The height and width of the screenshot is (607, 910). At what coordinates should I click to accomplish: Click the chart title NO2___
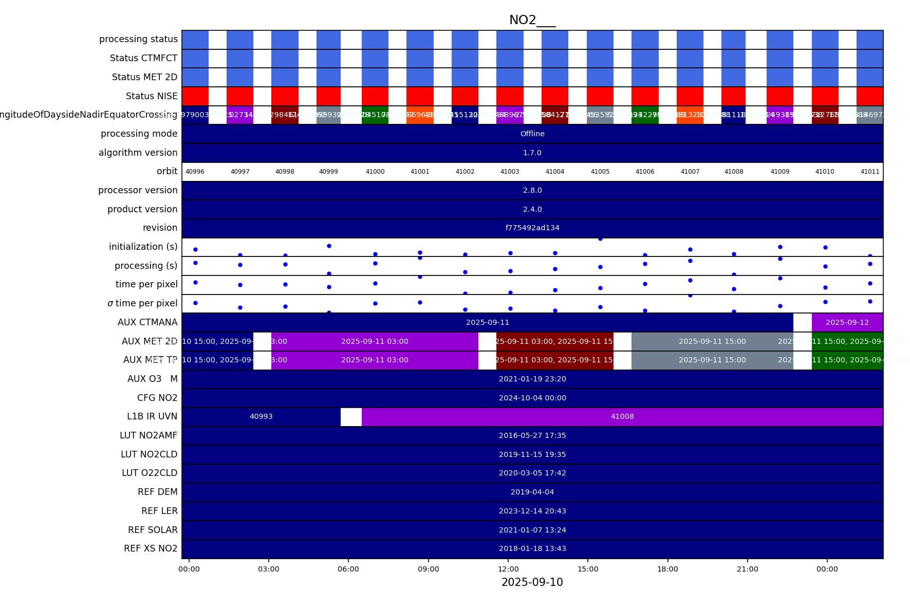(x=532, y=20)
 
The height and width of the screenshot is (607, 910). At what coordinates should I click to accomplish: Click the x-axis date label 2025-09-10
(x=532, y=582)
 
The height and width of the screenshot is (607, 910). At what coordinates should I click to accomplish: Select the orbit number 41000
(x=375, y=172)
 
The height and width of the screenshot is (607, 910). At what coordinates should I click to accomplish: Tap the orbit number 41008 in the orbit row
(x=734, y=172)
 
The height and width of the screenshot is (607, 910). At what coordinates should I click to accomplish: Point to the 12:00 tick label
(x=508, y=569)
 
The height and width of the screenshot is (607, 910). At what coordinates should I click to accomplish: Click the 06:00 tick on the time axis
(x=348, y=569)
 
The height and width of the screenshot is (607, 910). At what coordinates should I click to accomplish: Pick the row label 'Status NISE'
(x=152, y=96)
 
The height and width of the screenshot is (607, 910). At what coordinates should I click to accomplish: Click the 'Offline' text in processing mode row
(x=532, y=134)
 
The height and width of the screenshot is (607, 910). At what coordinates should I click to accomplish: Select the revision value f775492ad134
(x=532, y=228)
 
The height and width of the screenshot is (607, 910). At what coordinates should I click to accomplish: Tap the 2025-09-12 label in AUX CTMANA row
(x=847, y=322)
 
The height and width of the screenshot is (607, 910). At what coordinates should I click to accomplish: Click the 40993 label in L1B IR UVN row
(x=261, y=416)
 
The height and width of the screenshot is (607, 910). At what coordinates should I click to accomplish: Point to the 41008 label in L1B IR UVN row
(x=622, y=416)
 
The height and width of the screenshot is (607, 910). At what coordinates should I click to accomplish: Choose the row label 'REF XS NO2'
(x=151, y=548)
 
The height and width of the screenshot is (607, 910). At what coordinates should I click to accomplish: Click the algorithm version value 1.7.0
(x=532, y=153)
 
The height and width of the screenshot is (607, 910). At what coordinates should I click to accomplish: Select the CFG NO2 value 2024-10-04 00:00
(x=532, y=398)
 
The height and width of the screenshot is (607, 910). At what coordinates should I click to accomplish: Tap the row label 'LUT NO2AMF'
(x=148, y=435)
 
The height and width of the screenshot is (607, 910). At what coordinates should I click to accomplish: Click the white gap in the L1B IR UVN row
(x=351, y=417)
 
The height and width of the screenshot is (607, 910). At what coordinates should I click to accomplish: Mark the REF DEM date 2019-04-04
(x=532, y=492)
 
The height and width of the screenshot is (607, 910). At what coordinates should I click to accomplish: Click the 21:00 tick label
(x=748, y=569)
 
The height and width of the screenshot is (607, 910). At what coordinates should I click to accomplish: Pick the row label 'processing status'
(x=138, y=39)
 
